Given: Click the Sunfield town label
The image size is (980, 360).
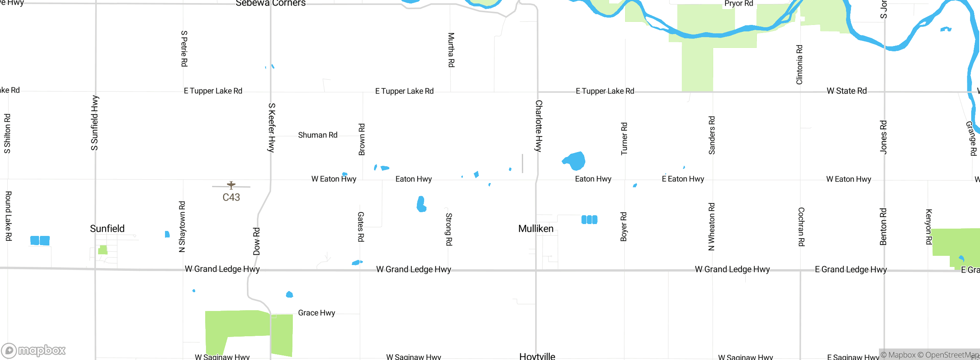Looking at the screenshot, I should click(x=107, y=229).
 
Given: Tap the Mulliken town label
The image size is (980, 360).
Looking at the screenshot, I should click(x=536, y=229).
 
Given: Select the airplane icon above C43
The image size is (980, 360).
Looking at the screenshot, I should click(x=231, y=185).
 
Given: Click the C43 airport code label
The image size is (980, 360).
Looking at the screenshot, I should click(x=231, y=197).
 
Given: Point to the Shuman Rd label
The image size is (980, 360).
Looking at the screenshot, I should click(x=317, y=135).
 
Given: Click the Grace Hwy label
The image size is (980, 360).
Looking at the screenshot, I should click(x=316, y=313).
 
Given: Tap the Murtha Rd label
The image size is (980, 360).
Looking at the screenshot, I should click(x=451, y=50).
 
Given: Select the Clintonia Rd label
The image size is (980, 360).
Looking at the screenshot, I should click(x=799, y=65).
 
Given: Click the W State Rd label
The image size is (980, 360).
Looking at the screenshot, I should click(x=846, y=91).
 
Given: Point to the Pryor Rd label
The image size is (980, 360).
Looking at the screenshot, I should click(x=738, y=4).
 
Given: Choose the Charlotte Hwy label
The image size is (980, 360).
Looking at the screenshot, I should click(x=538, y=126).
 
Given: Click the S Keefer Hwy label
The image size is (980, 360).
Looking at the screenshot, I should click(x=271, y=128).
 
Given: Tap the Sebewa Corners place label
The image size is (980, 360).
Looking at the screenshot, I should click(x=270, y=3).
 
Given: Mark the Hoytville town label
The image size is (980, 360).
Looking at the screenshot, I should click(x=537, y=356).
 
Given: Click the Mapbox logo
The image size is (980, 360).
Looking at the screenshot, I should click(x=34, y=350).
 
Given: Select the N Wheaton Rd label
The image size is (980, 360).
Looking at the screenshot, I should click(x=711, y=227).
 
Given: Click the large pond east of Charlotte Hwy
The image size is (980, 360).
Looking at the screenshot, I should click(x=575, y=161).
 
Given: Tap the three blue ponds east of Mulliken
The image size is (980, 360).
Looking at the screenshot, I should click(x=589, y=219).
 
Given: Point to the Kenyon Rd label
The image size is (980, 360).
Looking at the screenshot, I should click(x=928, y=227).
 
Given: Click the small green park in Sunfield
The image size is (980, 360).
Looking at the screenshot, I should click(x=103, y=250).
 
